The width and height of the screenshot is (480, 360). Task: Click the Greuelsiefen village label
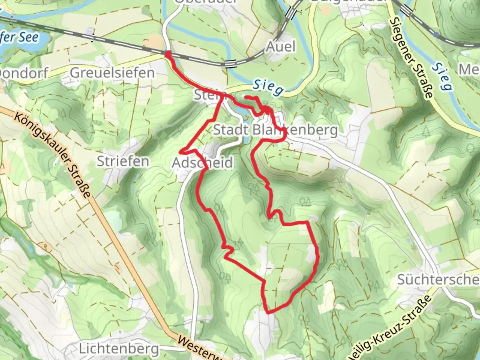pyautogui.click(x=112, y=73)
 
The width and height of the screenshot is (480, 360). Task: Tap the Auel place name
pyautogui.click(x=281, y=47)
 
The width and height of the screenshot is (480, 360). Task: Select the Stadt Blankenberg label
pyautogui.click(x=275, y=130)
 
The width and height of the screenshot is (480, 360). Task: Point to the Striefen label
pyautogui.click(x=123, y=161)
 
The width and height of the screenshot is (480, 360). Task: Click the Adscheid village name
pyautogui.click(x=202, y=163)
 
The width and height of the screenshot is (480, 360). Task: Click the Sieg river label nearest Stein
pyautogui.click(x=268, y=87)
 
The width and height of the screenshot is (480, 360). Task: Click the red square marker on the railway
pyautogui.click(x=168, y=54)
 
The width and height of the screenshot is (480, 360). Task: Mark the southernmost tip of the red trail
pyautogui.click(x=268, y=313)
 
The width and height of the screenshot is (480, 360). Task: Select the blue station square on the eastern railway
pyautogui.click(x=436, y=34)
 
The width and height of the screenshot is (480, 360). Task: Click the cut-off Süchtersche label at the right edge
pyautogui.click(x=438, y=279)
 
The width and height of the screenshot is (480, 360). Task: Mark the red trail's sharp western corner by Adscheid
pyautogui.click(x=180, y=152)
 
